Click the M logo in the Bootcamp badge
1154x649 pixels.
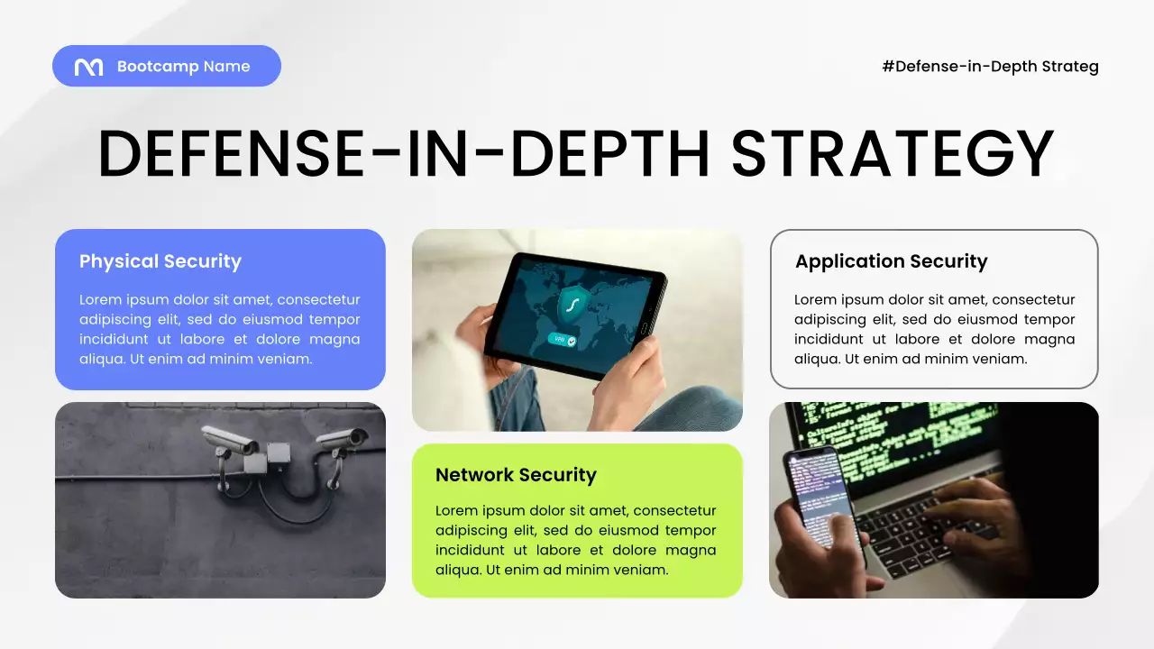point(88,67)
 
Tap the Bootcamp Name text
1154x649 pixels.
point(183,67)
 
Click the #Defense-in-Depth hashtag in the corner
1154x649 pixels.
point(990,66)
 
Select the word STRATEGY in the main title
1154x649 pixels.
point(892,153)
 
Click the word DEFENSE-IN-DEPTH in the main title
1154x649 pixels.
point(404,153)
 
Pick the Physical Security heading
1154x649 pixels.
point(160,261)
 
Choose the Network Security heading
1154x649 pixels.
point(516,475)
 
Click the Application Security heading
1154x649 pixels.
point(891,261)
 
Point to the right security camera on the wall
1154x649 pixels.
point(343,440)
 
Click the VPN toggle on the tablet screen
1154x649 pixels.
point(561,341)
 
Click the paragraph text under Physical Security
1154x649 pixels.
point(219,329)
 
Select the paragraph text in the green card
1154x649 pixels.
point(575,540)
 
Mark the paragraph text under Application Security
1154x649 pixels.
point(934,329)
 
